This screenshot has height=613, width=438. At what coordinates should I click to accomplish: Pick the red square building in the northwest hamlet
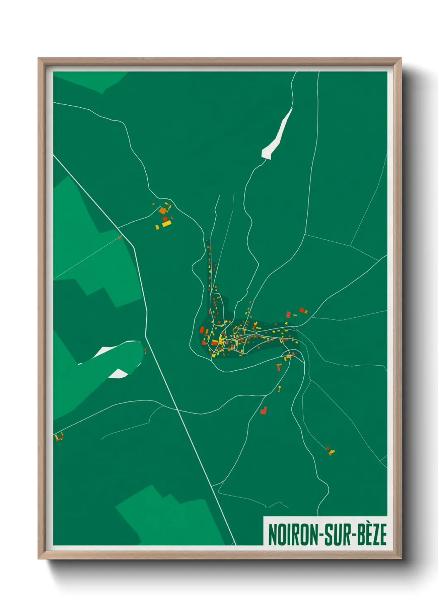[165, 219]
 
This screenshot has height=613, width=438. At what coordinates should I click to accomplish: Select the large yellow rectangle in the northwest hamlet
[167, 224]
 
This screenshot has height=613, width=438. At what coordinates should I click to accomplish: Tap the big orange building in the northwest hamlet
[162, 211]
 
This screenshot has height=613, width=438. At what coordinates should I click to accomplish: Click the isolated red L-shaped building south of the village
[263, 410]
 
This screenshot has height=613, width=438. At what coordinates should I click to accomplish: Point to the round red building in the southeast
[327, 448]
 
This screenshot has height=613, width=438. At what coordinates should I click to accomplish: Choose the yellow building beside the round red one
[331, 452]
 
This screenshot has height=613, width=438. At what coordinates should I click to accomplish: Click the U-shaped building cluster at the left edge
[59, 437]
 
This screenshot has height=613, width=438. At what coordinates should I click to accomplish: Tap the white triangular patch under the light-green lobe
[119, 374]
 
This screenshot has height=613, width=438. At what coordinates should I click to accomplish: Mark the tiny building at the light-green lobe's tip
[145, 351]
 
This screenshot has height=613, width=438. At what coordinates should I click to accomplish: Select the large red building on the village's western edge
[202, 330]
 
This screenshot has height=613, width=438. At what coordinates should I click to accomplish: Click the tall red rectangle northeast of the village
[288, 315]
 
